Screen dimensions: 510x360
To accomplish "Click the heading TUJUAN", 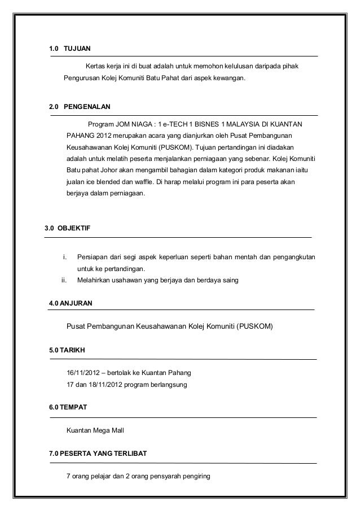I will pos(77,49).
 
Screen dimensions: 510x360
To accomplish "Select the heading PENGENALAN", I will pos(87,106).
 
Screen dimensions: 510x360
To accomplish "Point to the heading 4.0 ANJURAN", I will pos(71,303).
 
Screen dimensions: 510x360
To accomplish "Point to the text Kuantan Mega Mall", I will pos(95,430).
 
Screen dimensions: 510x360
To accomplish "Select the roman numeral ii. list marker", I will pos(64,280).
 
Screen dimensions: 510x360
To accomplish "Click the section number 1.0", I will pos(54,49).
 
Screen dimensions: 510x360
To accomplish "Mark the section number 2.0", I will pos(54,106).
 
